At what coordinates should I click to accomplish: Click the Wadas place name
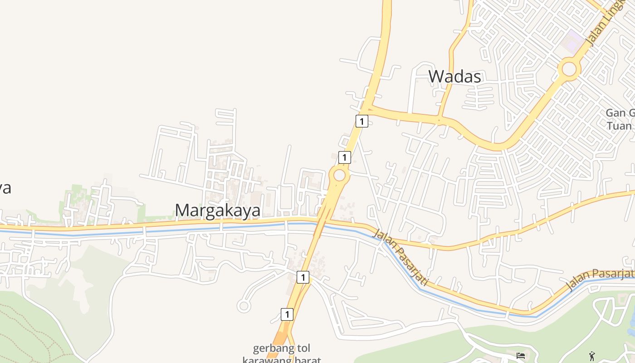point(454,76)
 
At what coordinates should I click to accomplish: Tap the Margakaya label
point(218,211)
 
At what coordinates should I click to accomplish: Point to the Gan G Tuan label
point(621,119)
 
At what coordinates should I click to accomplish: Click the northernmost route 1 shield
point(361,121)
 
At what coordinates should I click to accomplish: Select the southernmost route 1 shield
point(287,314)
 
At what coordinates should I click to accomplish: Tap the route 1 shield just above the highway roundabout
point(345,157)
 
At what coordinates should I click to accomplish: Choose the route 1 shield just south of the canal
point(303,277)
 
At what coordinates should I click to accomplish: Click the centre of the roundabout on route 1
point(339,175)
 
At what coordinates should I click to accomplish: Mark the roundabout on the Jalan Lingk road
point(569,69)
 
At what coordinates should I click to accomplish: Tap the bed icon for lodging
point(521,355)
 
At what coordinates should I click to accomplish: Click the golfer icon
point(592,356)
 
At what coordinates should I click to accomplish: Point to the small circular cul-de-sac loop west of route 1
point(244,306)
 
